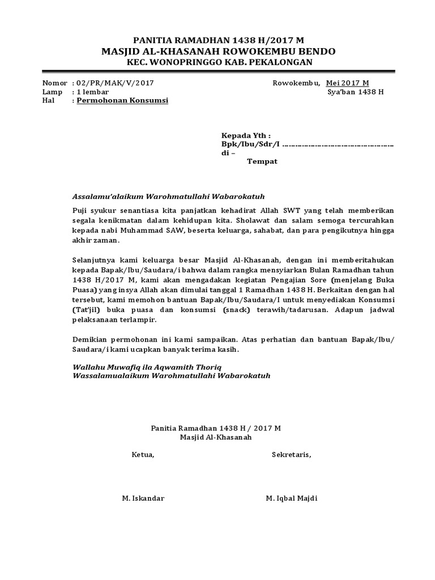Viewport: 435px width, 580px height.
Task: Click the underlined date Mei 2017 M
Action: pos(347,83)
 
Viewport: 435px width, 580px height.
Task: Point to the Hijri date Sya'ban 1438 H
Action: pos(355,92)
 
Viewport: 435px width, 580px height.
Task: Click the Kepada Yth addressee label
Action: pos(246,136)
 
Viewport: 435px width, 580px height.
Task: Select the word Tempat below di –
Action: pos(262,161)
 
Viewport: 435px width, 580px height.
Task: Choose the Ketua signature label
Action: pos(143,454)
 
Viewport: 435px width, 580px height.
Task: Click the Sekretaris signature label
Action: pos(291,454)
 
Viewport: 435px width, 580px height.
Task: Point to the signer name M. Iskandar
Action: pos(143,498)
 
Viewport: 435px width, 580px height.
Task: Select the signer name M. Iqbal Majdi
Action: pos(292,498)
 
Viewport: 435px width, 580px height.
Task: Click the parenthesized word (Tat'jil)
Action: pos(88,310)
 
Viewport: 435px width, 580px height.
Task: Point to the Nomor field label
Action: pos(54,83)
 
